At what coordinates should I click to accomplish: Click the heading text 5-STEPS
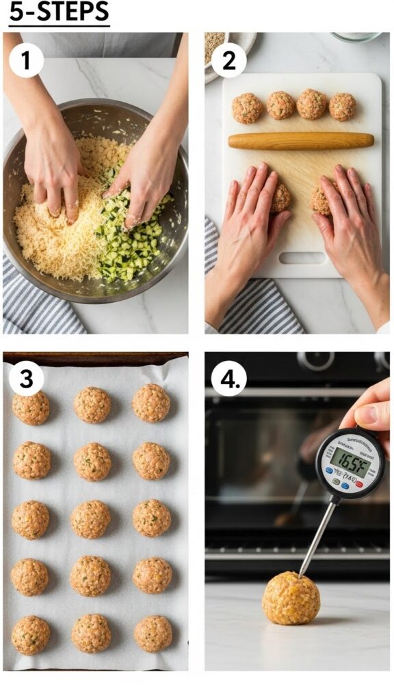pyautogui.click(x=59, y=13)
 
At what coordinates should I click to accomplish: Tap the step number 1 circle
pyautogui.click(x=27, y=61)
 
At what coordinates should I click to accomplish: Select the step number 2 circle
pyautogui.click(x=228, y=61)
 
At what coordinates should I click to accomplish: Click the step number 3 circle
pyautogui.click(x=27, y=379)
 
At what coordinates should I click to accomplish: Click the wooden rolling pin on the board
pyautogui.click(x=300, y=141)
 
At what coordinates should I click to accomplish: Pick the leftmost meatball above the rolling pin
pyautogui.click(x=246, y=108)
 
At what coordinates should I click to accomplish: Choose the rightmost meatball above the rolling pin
pyautogui.click(x=342, y=107)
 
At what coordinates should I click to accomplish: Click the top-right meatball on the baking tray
pyautogui.click(x=151, y=403)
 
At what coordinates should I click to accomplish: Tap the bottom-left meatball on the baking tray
pyautogui.click(x=31, y=634)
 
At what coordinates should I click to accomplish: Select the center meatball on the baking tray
pyautogui.click(x=90, y=519)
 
